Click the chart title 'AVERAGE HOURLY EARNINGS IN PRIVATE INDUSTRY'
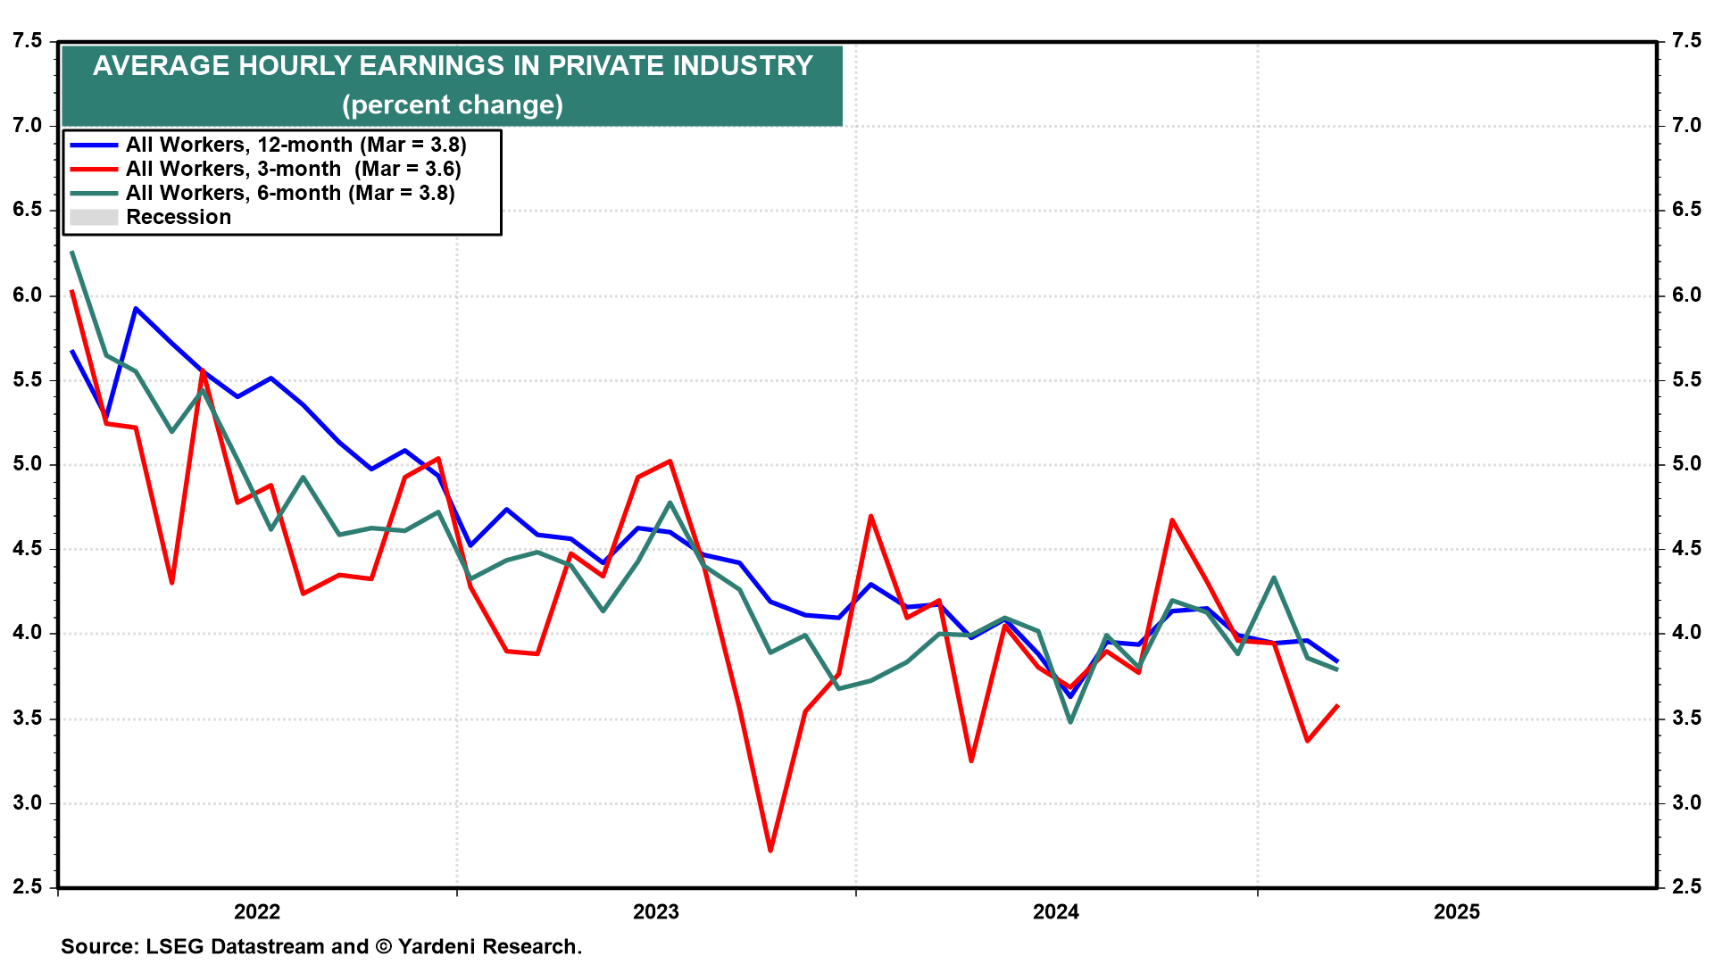453,66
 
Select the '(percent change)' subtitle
453,105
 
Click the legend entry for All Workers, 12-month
295,145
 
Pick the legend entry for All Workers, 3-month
293,169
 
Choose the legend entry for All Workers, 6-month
290,193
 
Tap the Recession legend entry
178,217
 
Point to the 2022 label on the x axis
257,911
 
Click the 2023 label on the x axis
656,911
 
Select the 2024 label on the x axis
1056,911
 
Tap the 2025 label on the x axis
1457,911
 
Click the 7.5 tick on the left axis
27,41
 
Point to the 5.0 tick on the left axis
27,464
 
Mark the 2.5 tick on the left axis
27,887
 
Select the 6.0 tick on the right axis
1686,295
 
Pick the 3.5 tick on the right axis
1686,719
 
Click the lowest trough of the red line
770,850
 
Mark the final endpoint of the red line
1337,706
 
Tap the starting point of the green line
72,252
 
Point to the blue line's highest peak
135,309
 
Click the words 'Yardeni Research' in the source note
488,946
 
